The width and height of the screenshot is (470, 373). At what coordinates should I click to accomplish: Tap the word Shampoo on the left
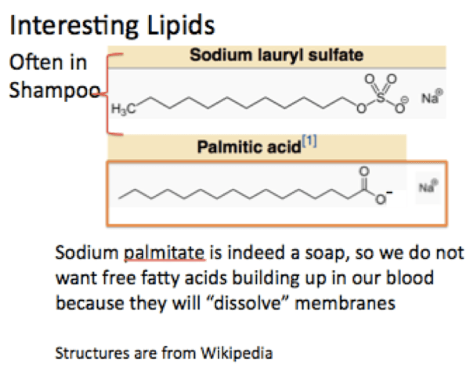(x=49, y=89)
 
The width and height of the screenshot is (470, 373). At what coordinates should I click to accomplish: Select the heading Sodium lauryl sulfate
(x=277, y=56)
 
